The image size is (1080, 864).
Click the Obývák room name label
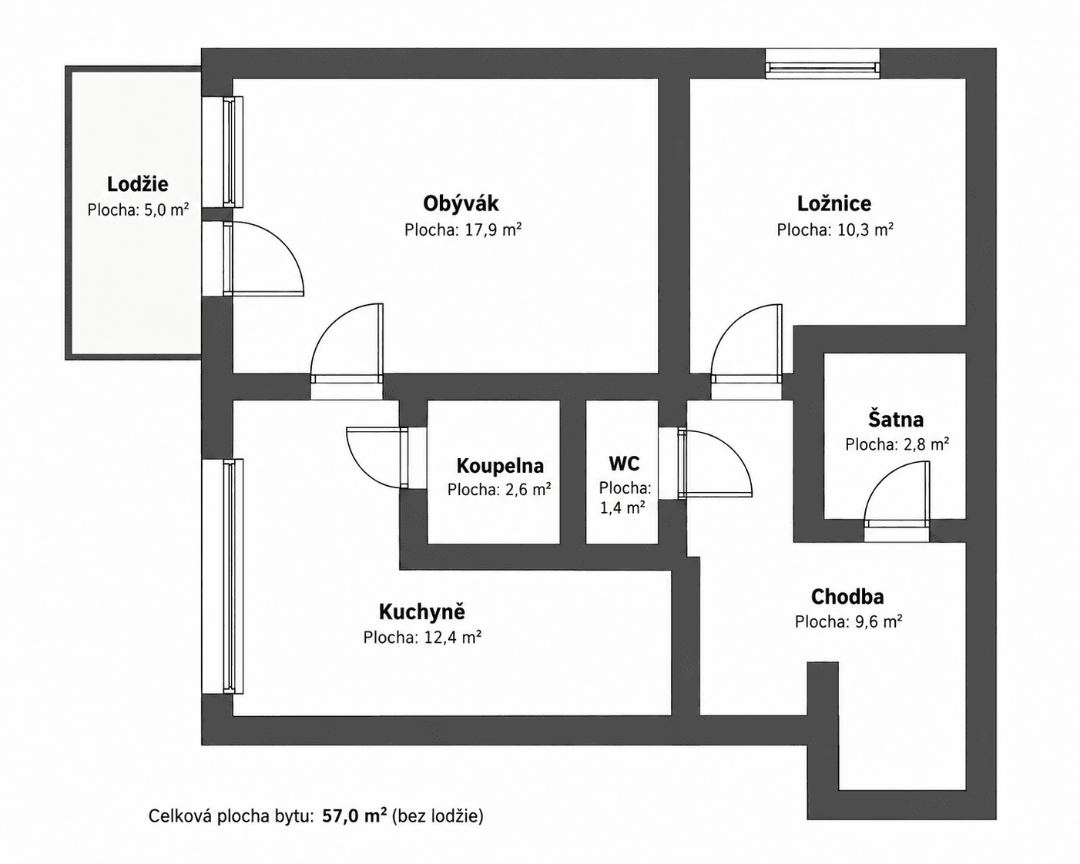(x=461, y=204)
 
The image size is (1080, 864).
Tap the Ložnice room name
(x=834, y=204)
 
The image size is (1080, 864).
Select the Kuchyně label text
(x=421, y=611)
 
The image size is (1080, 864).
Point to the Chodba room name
(x=847, y=597)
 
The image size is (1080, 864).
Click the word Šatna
(x=896, y=420)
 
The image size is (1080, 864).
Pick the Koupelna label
(x=500, y=466)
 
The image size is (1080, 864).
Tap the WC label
(x=624, y=464)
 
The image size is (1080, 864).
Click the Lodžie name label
(x=138, y=184)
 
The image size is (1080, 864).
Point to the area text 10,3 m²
(x=866, y=229)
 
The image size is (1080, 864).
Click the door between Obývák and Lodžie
(x=263, y=259)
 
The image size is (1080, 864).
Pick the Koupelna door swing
(x=377, y=457)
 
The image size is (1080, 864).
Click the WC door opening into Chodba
(x=715, y=463)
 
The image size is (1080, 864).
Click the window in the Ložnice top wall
(x=823, y=64)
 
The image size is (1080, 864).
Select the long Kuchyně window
(x=223, y=577)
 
